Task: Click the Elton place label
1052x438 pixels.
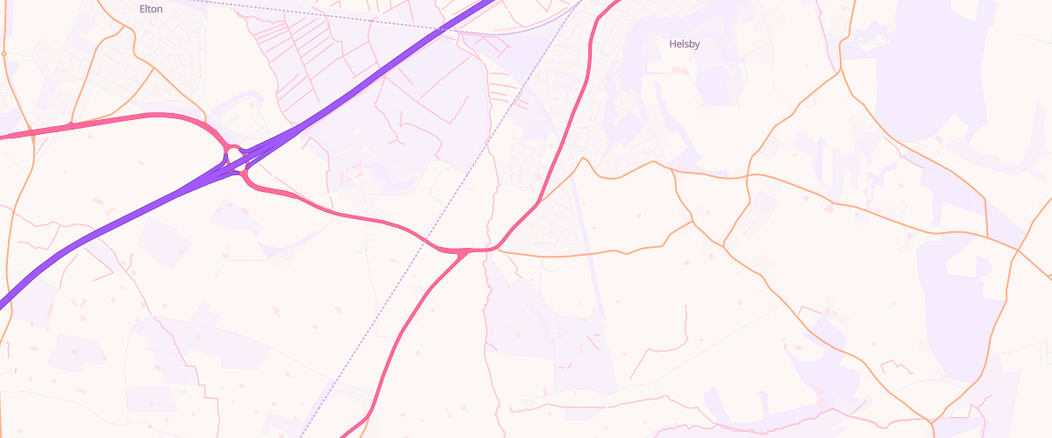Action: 151,9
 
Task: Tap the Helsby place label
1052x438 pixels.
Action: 684,44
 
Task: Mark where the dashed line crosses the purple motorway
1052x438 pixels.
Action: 440,32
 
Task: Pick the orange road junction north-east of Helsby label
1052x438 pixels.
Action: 841,69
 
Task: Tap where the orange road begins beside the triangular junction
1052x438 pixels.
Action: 500,250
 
